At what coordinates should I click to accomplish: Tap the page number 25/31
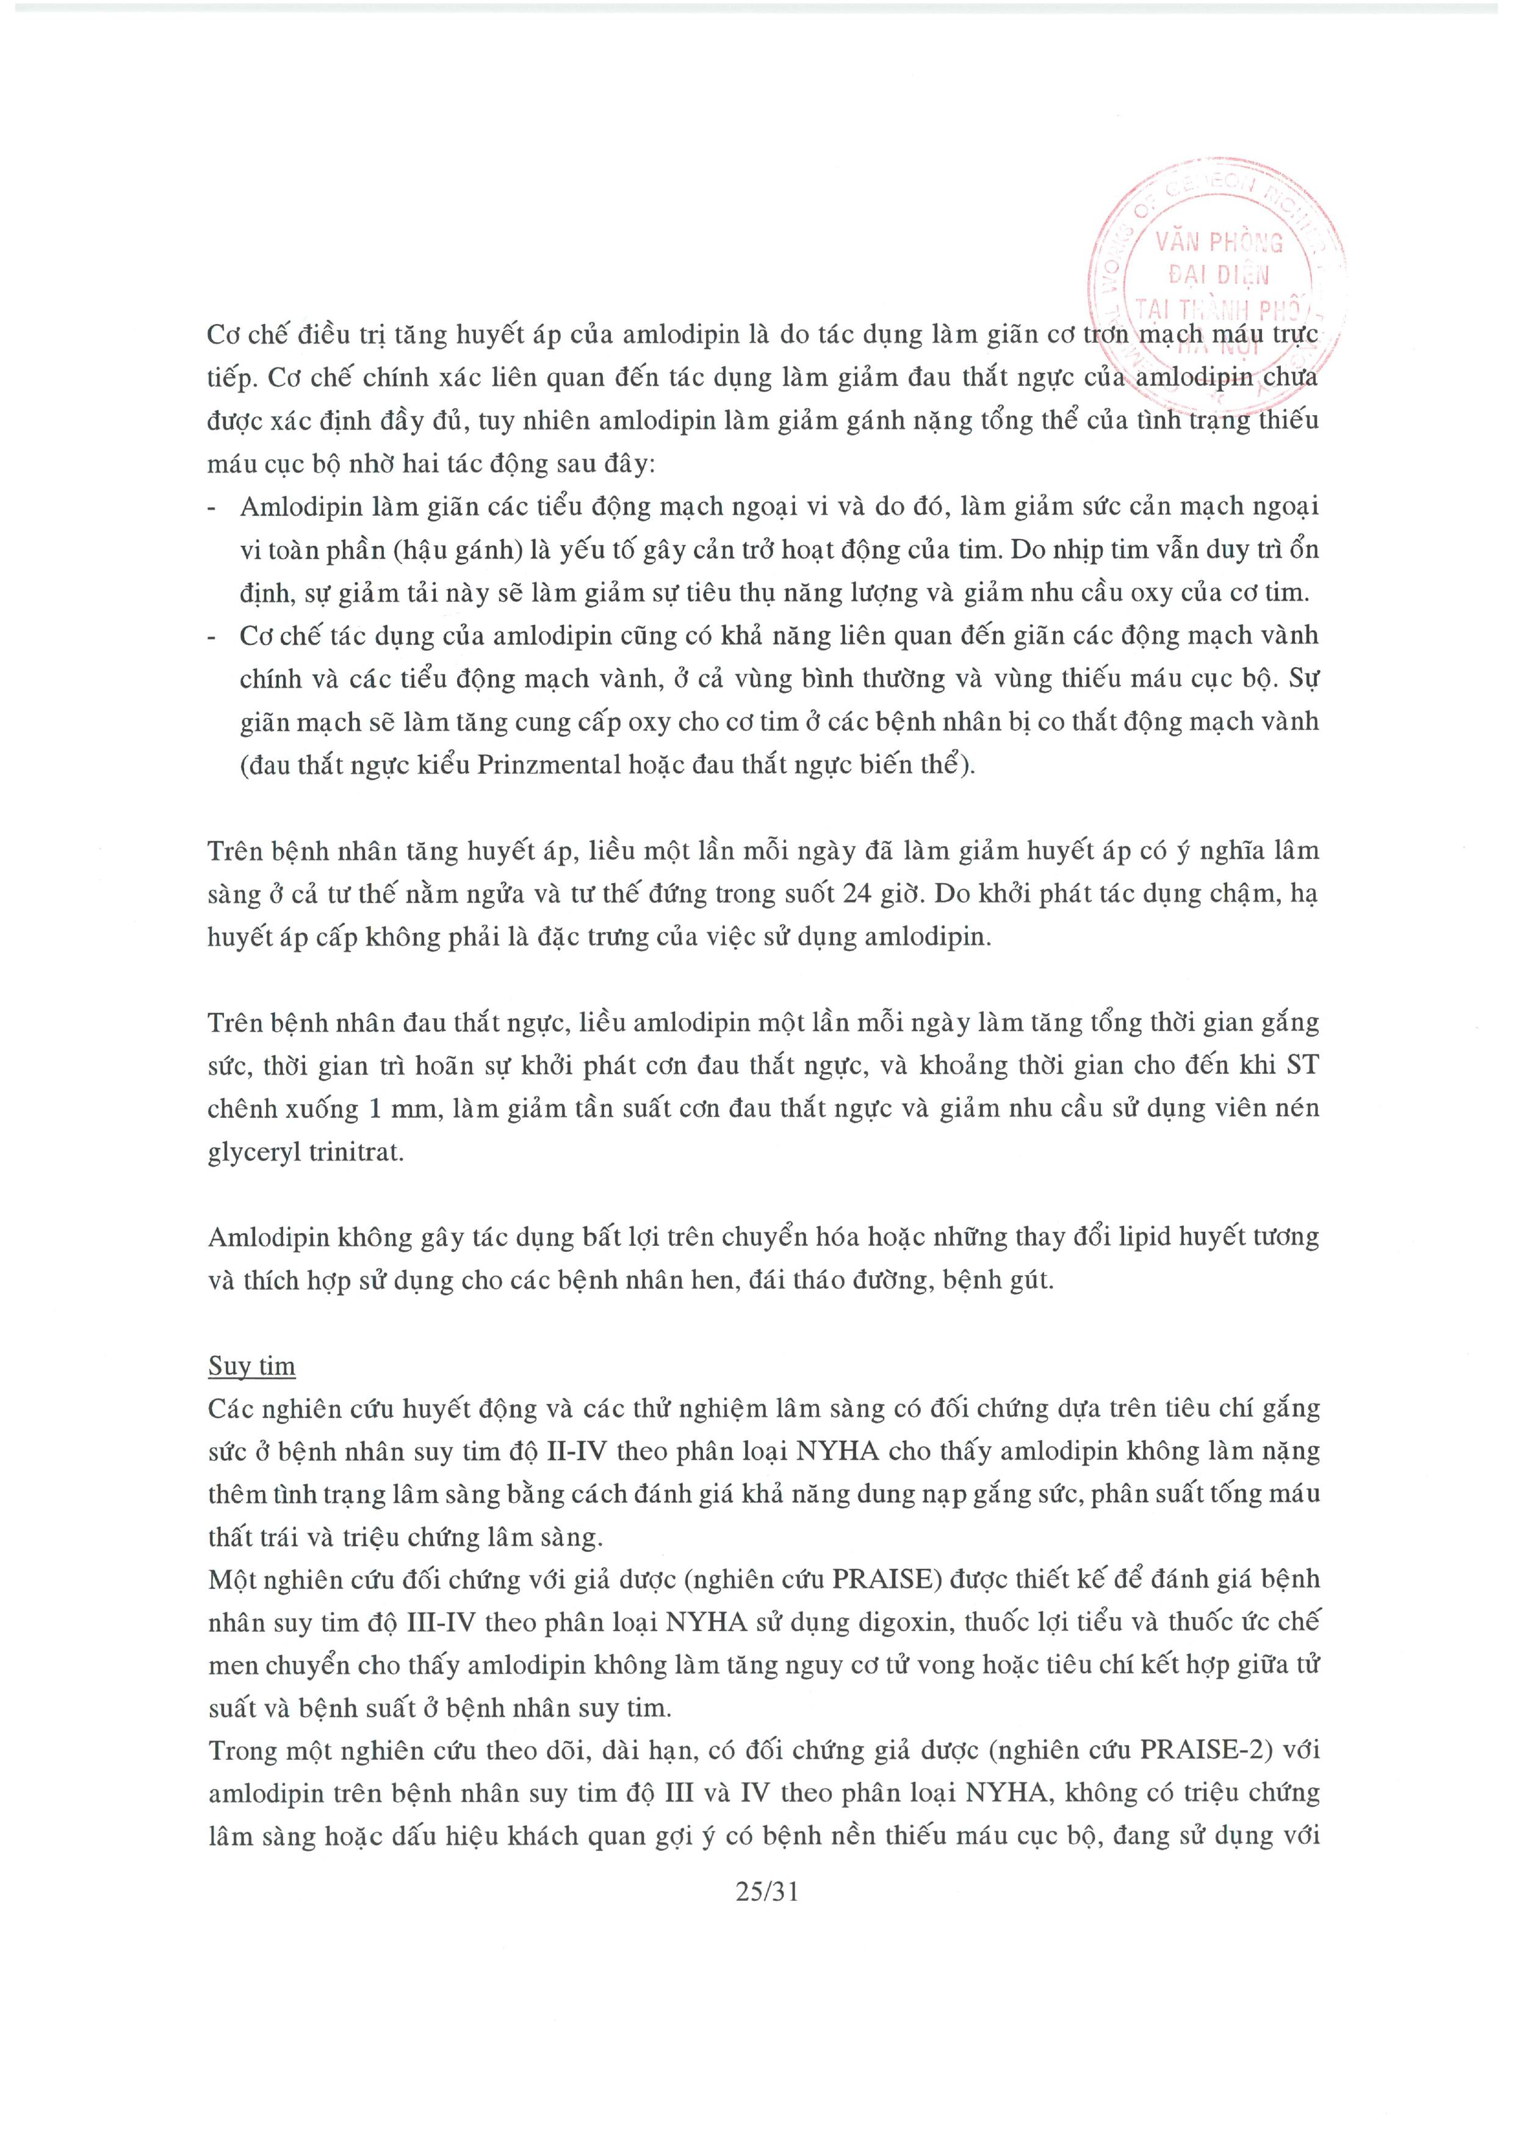[x=767, y=1891]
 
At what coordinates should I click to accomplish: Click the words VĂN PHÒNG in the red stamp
[x=1218, y=242]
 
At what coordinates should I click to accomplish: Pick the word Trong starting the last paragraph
[x=245, y=1750]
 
